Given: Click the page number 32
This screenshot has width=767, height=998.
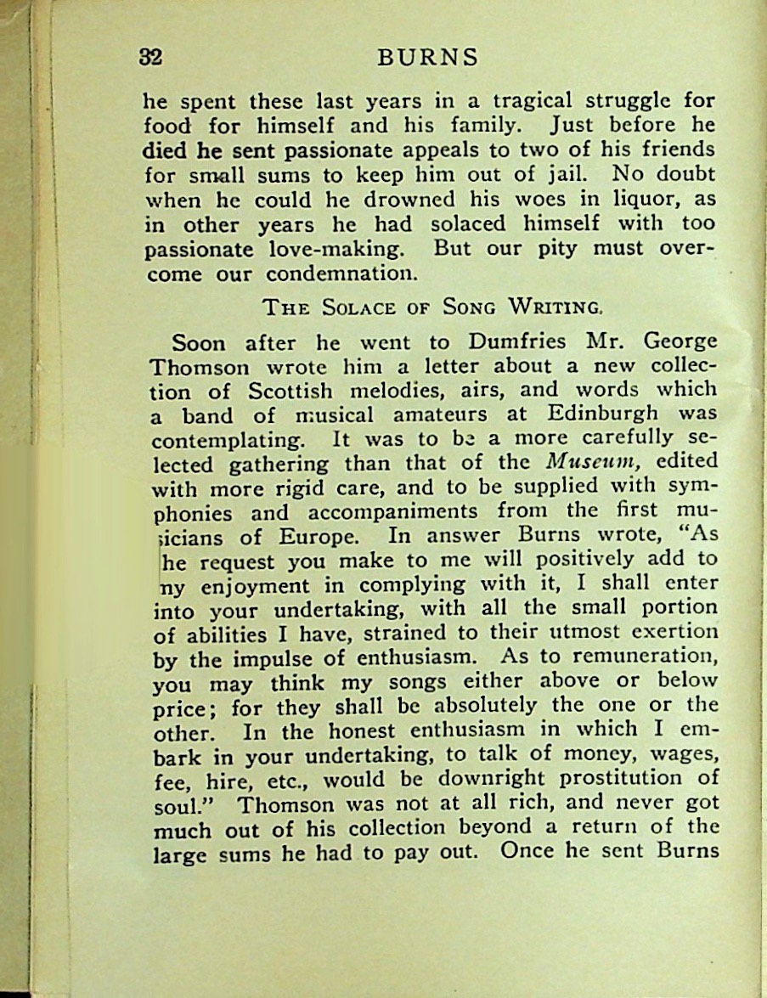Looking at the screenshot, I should pos(150,57).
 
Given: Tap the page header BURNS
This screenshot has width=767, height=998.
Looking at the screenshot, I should pos(427,58).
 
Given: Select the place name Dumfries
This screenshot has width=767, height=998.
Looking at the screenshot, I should pos(512,343).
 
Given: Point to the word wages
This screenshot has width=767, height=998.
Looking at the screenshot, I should pos(683,753).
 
